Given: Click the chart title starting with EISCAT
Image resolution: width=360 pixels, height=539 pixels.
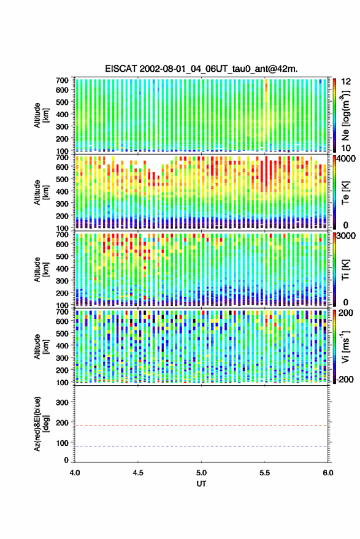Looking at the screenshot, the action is (x=201, y=69).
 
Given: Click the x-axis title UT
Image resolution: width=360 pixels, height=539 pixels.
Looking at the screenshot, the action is (x=201, y=483).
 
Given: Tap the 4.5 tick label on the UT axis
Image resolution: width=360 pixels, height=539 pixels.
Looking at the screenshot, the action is (x=138, y=473).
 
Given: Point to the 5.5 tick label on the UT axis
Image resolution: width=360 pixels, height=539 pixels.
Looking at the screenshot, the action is (x=265, y=473).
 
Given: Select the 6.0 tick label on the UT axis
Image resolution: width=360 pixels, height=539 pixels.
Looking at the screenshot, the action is (x=328, y=473).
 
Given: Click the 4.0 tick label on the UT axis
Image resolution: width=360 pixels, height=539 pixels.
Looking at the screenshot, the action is (x=75, y=473).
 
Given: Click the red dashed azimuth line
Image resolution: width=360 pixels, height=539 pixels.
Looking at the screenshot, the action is (x=201, y=426).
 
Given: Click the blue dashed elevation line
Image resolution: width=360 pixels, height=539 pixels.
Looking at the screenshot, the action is (x=201, y=446).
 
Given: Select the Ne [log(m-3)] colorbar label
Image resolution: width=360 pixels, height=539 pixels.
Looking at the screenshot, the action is (x=345, y=115).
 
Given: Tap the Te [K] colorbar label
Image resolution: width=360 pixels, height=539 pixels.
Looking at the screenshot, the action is (x=345, y=193).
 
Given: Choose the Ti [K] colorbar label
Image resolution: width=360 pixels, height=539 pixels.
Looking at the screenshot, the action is (x=345, y=270).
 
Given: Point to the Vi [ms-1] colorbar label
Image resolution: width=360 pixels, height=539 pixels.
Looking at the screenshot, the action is (x=345, y=346).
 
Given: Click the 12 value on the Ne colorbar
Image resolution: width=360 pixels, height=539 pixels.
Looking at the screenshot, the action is (x=347, y=81).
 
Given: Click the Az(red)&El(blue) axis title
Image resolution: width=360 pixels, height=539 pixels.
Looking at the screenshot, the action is (x=40, y=424).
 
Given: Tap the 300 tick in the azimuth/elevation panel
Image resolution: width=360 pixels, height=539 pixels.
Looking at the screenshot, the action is (x=62, y=402).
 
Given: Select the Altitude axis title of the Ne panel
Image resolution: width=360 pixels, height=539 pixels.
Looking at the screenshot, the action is (x=40, y=115).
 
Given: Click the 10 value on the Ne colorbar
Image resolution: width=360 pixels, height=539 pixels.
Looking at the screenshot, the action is (x=347, y=148).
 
